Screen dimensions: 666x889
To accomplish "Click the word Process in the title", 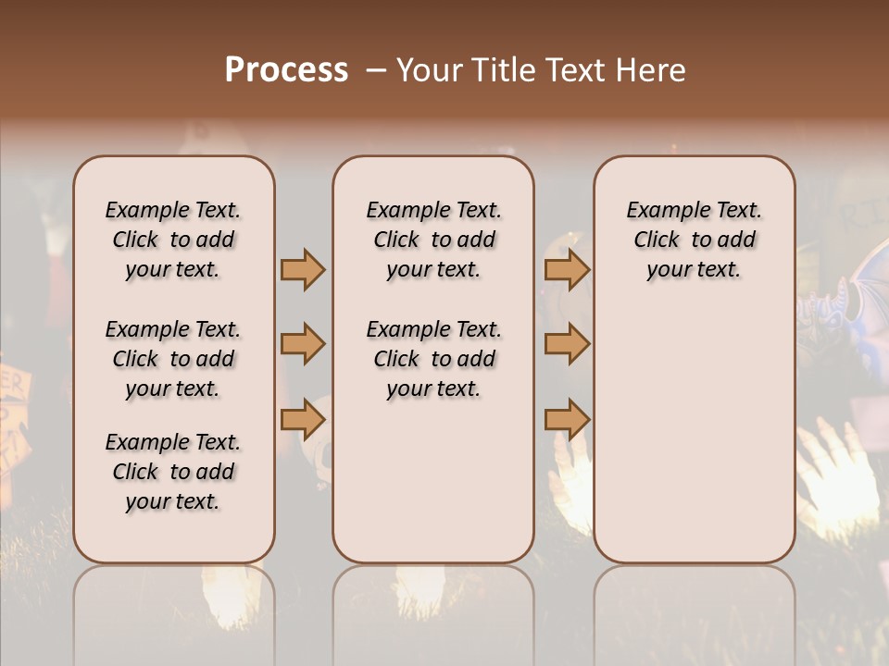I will [286, 70].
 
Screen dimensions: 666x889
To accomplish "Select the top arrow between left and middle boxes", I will [303, 269].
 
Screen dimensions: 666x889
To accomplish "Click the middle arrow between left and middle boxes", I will [303, 344].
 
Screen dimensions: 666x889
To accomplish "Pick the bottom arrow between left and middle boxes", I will [303, 419].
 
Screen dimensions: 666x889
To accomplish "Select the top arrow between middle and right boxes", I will [567, 269].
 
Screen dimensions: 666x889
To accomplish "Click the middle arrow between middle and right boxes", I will [567, 344].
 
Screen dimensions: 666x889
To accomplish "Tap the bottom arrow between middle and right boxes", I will [567, 419].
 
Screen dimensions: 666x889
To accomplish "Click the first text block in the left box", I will [173, 240].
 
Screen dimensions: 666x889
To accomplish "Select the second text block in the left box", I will [173, 359].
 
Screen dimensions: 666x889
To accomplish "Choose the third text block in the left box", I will [173, 471].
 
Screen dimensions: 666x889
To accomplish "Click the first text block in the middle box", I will [433, 240].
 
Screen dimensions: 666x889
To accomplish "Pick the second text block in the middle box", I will [433, 359].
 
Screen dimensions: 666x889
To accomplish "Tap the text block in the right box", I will [694, 240].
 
